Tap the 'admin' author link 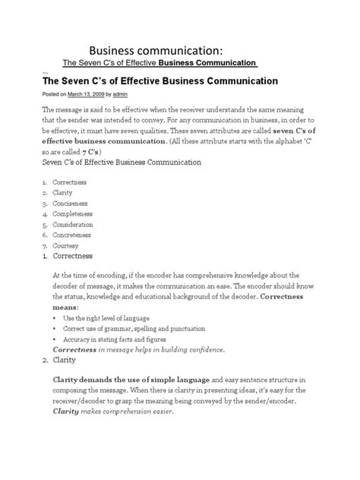130,94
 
